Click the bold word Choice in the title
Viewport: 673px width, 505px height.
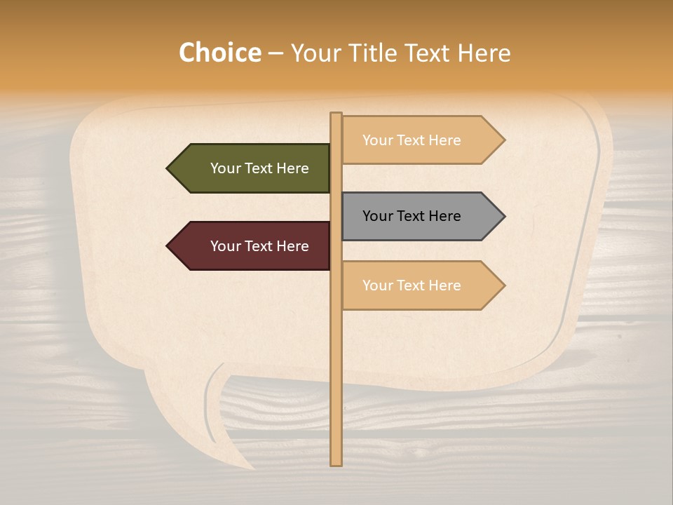coord(219,53)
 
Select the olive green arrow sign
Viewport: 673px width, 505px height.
coord(252,168)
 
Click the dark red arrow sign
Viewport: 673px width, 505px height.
coord(252,246)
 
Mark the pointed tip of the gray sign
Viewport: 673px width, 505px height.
coord(503,216)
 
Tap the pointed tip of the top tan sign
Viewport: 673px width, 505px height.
coord(503,140)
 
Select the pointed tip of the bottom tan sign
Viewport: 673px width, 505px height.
coord(503,285)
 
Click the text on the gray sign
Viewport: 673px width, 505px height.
coord(412,216)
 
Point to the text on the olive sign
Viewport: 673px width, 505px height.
coord(259,168)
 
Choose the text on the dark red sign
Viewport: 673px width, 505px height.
coord(259,246)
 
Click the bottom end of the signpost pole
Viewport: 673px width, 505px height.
coord(336,463)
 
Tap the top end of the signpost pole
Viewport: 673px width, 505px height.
coord(336,114)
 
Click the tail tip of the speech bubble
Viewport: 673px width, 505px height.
coord(252,468)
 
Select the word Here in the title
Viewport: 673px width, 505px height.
coord(484,53)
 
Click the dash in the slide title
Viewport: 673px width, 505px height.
coord(276,53)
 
